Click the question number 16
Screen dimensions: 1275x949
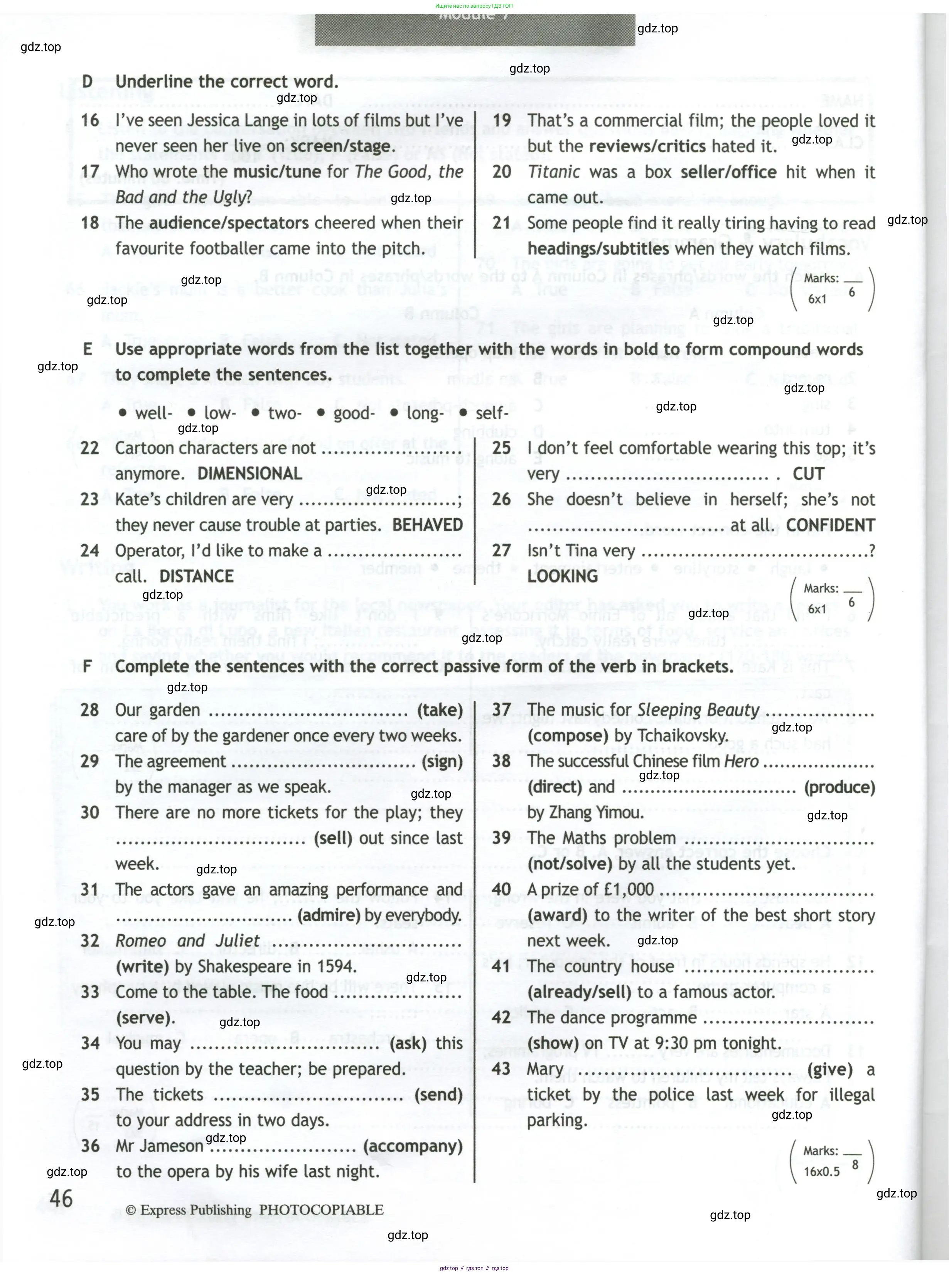point(90,120)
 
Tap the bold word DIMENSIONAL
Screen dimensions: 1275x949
point(249,473)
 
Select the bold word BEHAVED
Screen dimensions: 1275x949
point(427,525)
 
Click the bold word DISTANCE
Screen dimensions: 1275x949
point(196,576)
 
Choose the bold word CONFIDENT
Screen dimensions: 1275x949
point(830,525)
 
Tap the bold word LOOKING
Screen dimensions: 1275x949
point(562,576)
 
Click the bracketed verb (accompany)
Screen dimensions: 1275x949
point(413,1146)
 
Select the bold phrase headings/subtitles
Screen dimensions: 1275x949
point(598,249)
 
